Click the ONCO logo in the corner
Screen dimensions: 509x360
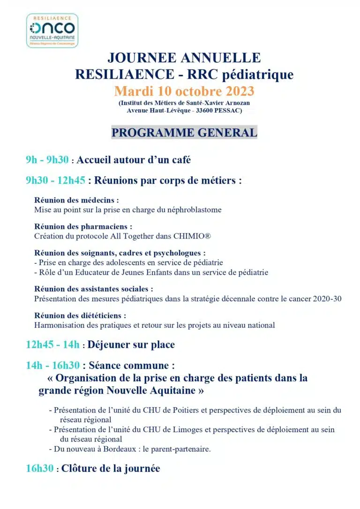(x=52, y=30)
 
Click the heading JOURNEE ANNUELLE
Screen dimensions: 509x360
(x=184, y=58)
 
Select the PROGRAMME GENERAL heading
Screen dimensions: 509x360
(x=184, y=133)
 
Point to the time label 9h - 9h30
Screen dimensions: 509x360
(x=47, y=160)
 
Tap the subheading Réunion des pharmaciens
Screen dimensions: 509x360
(x=80, y=226)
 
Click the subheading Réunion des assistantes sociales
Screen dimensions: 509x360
(x=94, y=289)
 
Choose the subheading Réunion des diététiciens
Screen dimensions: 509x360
(x=80, y=315)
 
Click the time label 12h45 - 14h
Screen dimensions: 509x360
(x=52, y=345)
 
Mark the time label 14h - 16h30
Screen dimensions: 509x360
(x=52, y=365)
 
